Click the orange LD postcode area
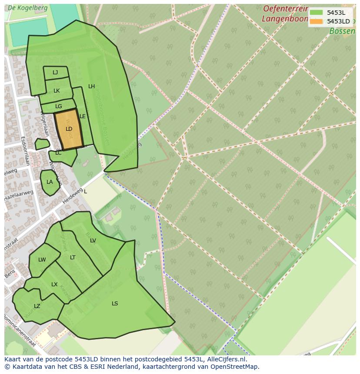(x=69, y=129)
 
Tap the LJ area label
(x=55, y=73)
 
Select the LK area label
(x=57, y=91)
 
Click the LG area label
(x=59, y=106)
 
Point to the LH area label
(x=91, y=86)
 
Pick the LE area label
(x=83, y=116)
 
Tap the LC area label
(x=58, y=153)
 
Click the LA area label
(x=50, y=182)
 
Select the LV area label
(x=93, y=241)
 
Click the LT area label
(x=73, y=258)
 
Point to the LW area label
(x=42, y=260)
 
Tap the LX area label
(x=54, y=285)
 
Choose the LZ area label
(x=37, y=306)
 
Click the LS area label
(x=115, y=304)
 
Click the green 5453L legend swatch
(x=317, y=13)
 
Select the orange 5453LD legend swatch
(x=317, y=21)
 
